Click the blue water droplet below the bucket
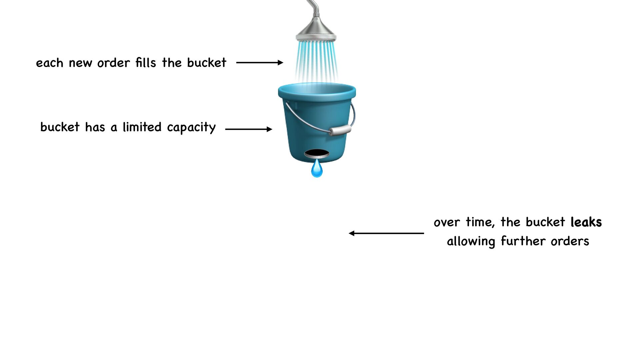click(x=317, y=169)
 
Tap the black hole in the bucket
click(x=317, y=154)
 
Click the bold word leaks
click(x=586, y=222)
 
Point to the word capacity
click(x=191, y=128)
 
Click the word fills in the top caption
click(x=146, y=63)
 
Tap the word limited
click(x=142, y=127)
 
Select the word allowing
click(x=471, y=241)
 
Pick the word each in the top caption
click(x=49, y=63)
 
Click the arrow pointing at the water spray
click(x=259, y=62)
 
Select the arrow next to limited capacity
click(x=249, y=129)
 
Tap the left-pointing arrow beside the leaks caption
click(x=386, y=233)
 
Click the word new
click(x=80, y=63)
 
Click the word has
click(x=95, y=127)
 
